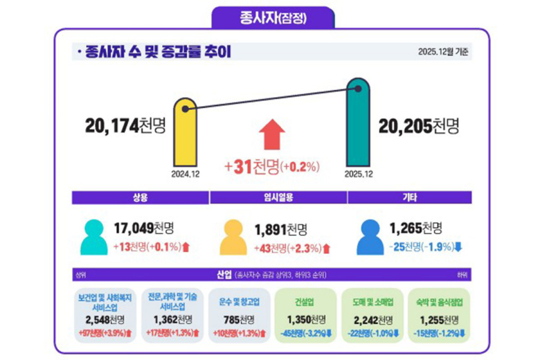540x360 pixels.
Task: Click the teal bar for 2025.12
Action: pyautogui.click(x=358, y=126)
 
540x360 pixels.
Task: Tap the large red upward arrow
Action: pyautogui.click(x=272, y=134)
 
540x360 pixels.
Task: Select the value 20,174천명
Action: pyautogui.click(x=125, y=126)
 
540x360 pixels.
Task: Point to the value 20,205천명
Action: pyautogui.click(x=418, y=126)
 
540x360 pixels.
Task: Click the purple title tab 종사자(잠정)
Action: pyautogui.click(x=272, y=17)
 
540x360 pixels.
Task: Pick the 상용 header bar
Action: pyautogui.click(x=140, y=197)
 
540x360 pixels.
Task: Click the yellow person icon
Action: pyautogui.click(x=234, y=236)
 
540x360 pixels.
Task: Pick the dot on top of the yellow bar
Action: pyautogui.click(x=186, y=109)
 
